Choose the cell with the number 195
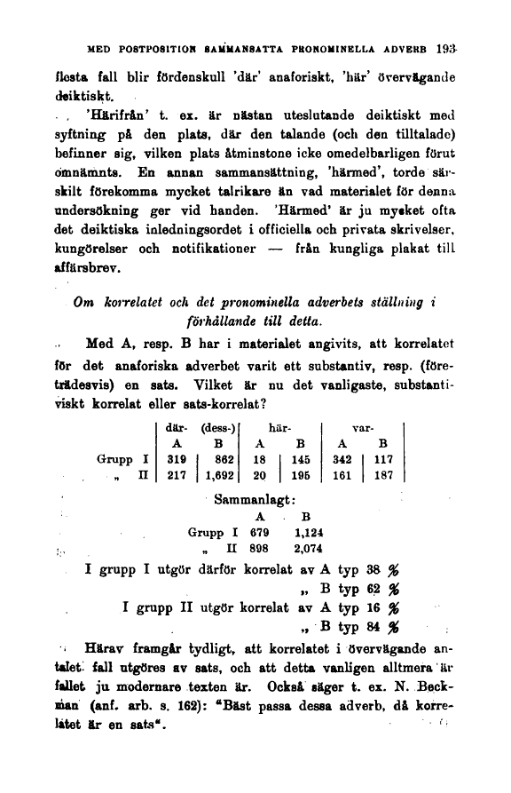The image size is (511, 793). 299,475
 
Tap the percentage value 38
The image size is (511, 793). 373,567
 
